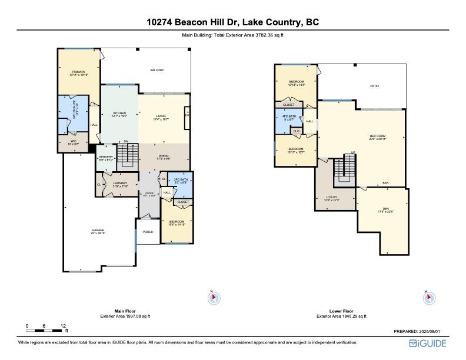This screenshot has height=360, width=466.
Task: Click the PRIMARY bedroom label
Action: pyautogui.click(x=78, y=73)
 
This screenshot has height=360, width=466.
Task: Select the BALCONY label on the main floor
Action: pyautogui.click(x=157, y=71)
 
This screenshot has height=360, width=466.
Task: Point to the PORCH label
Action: pyautogui.click(x=148, y=232)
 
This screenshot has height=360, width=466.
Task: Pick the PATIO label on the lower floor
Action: pyautogui.click(x=374, y=86)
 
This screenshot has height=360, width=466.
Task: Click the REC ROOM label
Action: pyautogui.click(x=377, y=137)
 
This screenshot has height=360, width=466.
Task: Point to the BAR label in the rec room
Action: pyautogui.click(x=385, y=183)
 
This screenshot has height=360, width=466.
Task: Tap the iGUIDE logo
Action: pyautogui.click(x=432, y=343)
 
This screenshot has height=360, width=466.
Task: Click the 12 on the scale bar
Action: pyautogui.click(x=63, y=325)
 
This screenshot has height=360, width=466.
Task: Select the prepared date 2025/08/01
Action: pyautogui.click(x=432, y=332)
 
